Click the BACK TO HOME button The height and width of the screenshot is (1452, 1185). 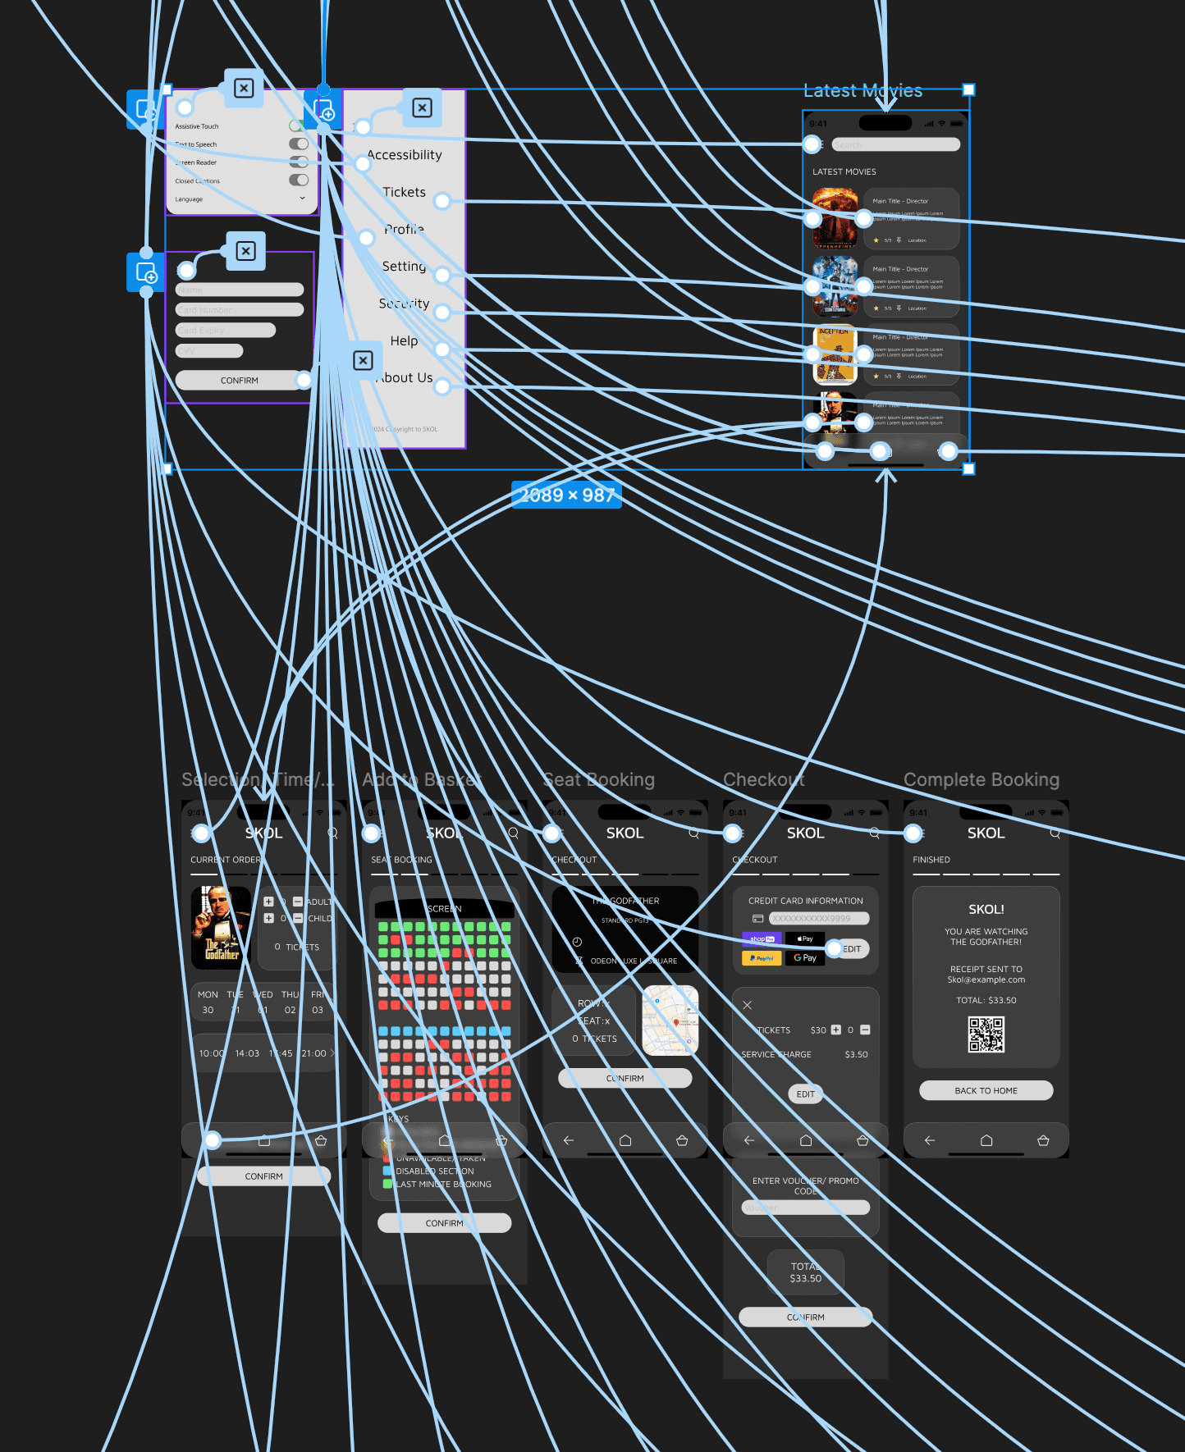click(x=986, y=1090)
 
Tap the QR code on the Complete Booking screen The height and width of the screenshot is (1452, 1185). click(x=986, y=1034)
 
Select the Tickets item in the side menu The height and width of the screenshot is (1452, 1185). click(x=404, y=192)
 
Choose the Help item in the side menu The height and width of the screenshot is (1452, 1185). click(x=404, y=340)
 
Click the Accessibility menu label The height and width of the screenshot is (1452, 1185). click(x=404, y=155)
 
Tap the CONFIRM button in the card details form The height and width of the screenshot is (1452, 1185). click(x=239, y=381)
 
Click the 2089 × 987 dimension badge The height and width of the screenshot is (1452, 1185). click(x=566, y=495)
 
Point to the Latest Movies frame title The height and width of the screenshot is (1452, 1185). click(x=862, y=91)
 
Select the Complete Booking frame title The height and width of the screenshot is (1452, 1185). click(x=981, y=779)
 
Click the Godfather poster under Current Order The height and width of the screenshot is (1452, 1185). click(x=221, y=928)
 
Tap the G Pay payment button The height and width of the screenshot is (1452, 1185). click(x=805, y=958)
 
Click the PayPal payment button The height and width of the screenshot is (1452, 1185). click(x=762, y=958)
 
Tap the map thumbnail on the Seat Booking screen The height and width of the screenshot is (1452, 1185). click(x=670, y=1021)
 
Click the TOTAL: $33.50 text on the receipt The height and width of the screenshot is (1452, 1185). click(x=986, y=1000)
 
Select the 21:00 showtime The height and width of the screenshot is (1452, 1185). click(x=313, y=1053)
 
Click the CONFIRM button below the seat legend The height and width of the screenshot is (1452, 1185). click(x=444, y=1223)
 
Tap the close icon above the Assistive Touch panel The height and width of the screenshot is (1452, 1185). click(x=244, y=89)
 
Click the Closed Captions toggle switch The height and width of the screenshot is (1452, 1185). click(x=299, y=180)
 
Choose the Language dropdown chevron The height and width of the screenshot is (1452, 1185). click(x=302, y=199)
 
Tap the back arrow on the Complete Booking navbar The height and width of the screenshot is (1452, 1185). click(x=929, y=1140)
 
